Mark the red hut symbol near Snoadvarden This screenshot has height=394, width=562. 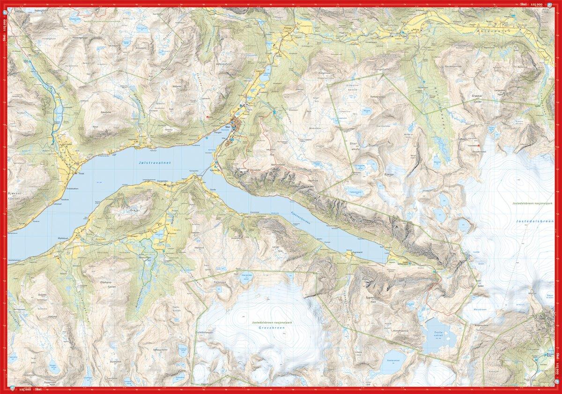point(479,146)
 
